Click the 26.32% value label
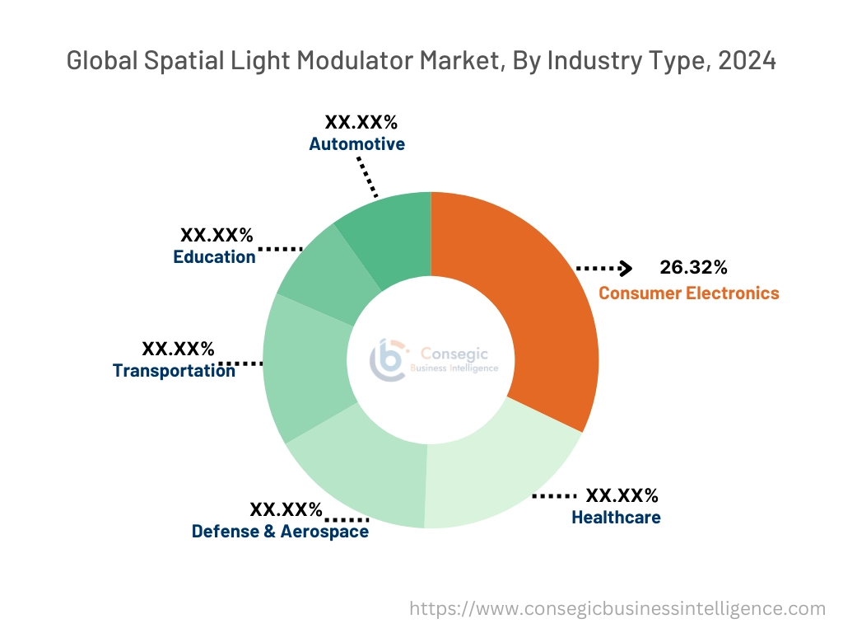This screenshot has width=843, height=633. [x=693, y=267]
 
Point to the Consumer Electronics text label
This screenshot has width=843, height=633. [x=688, y=293]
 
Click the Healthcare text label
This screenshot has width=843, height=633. [x=616, y=518]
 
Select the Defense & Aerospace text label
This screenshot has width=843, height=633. [x=280, y=532]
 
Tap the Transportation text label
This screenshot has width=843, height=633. [x=174, y=371]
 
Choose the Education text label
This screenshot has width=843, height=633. [x=214, y=257]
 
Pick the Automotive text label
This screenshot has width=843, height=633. [x=356, y=144]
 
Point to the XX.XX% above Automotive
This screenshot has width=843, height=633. [x=361, y=123]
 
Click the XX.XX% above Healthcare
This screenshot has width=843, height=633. [x=622, y=495]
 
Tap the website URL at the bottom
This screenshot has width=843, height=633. [x=617, y=609]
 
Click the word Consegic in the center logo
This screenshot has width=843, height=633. [x=454, y=354]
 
